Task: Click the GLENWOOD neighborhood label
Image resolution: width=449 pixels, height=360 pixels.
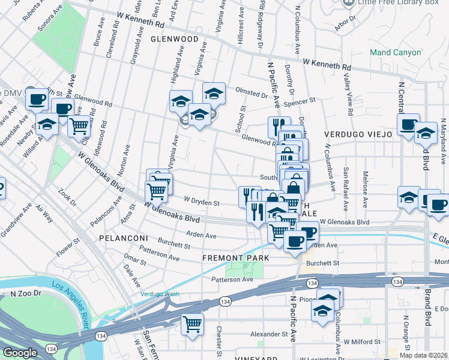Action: (x=174, y=38)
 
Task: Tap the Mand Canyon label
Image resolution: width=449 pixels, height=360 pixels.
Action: (x=395, y=53)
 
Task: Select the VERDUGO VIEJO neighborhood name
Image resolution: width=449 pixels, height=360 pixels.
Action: (x=357, y=134)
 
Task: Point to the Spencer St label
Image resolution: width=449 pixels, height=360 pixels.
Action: (x=300, y=103)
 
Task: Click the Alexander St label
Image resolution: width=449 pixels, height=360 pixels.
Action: (x=265, y=334)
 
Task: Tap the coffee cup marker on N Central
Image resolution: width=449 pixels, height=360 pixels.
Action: (x=409, y=125)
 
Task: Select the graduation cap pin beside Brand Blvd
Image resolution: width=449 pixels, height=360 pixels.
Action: (x=426, y=133)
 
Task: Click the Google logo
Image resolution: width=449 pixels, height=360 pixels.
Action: (x=20, y=353)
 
